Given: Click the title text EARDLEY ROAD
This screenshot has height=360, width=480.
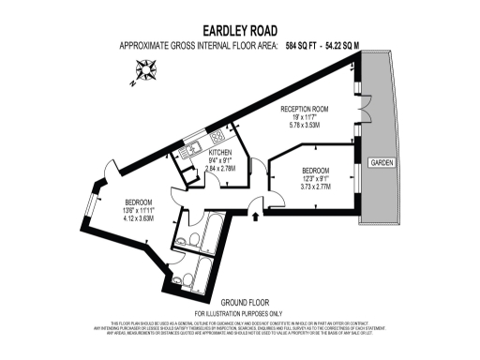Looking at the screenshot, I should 239,31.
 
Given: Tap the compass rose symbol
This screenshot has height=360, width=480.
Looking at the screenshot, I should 145,68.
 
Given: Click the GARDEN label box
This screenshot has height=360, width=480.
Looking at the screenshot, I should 382,162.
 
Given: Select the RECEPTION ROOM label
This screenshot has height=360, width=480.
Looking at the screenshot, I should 306,108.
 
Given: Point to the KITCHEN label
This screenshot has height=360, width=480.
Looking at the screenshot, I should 220,152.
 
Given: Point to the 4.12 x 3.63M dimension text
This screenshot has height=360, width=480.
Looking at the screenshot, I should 139,218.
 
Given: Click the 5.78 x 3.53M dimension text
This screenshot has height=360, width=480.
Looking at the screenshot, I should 306,124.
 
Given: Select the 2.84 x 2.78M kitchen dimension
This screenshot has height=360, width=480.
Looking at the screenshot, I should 220,169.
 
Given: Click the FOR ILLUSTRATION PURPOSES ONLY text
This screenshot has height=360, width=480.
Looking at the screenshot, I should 238,312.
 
